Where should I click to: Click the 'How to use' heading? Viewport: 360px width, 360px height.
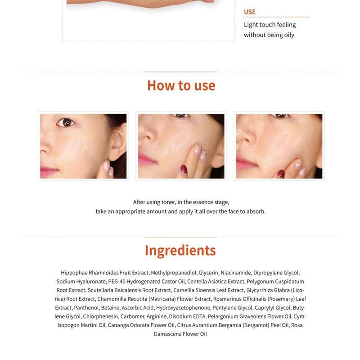point(181,85)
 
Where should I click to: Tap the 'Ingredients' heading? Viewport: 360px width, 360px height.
point(180,250)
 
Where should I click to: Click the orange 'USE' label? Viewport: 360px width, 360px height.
point(250,12)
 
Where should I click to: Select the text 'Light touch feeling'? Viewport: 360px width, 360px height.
point(270,25)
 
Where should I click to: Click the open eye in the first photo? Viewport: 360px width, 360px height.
point(67,122)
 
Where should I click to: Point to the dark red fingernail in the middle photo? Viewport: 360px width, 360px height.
point(184,170)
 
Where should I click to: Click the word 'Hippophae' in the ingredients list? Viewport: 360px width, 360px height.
point(74,273)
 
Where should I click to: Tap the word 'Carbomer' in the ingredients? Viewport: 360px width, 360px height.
point(133,316)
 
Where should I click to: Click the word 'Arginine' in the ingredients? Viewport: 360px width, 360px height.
point(157,316)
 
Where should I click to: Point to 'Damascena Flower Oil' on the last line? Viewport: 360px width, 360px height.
point(180,334)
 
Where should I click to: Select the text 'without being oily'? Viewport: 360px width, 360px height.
point(269,35)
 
